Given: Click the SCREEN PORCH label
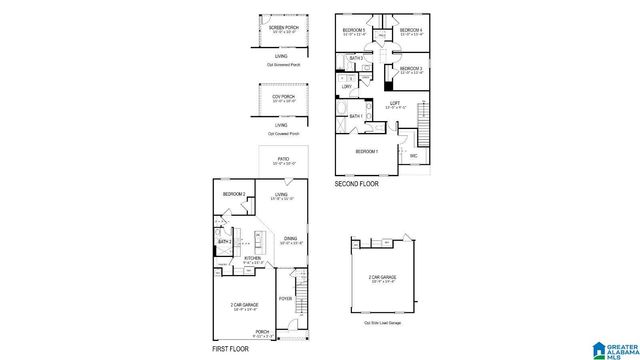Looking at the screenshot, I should pos(282,27).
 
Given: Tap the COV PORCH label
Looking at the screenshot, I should pos(282,96).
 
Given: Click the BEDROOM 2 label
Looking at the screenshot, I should pos(234,194).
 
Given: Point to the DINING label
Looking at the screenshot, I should pos(289,238).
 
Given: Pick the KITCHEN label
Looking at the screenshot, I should pos(253,258).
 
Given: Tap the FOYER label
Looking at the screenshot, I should pos(285,297).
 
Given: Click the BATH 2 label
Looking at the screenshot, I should pos(224,242).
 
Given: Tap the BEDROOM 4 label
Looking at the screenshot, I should pos(411,30).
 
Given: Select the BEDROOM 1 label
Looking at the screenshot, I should pos(367,151).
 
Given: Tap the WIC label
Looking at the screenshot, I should pos(413,155).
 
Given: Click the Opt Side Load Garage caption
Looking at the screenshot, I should pos(380,323).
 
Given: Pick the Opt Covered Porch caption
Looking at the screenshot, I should pos(282,133).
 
